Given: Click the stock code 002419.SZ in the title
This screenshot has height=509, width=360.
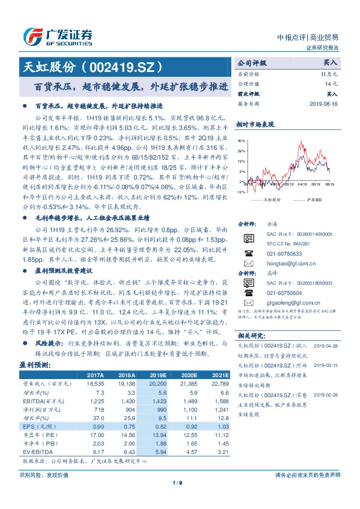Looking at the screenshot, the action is [x=130, y=66].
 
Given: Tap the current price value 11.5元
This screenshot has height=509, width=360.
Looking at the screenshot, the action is [x=329, y=73].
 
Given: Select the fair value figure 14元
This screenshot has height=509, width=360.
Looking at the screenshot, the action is [x=330, y=83].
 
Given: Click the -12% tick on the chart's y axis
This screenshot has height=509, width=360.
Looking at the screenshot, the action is [x=240, y=192].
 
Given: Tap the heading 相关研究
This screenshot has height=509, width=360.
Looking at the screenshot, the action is [x=250, y=335].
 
